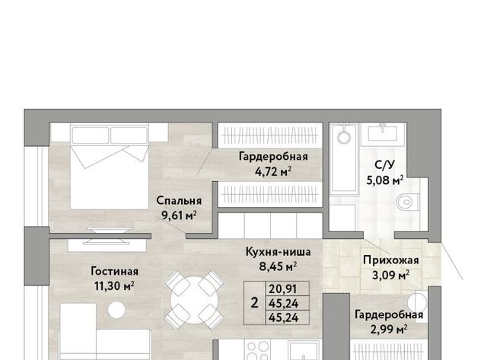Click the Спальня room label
[179, 201]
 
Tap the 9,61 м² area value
[179, 215]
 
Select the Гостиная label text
[115, 271]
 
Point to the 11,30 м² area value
[114, 285]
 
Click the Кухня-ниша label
[278, 252]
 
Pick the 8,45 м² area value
[278, 266]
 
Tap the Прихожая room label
[390, 260]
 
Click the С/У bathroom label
[385, 165]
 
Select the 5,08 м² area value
[385, 180]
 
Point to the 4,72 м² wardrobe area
[273, 171]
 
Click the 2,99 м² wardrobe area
[389, 330]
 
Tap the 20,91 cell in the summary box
[283, 289]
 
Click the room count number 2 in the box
[254, 303]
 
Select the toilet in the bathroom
[406, 202]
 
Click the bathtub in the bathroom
[344, 158]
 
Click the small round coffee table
[116, 310]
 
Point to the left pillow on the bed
[91, 135]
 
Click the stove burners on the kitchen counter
[258, 350]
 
